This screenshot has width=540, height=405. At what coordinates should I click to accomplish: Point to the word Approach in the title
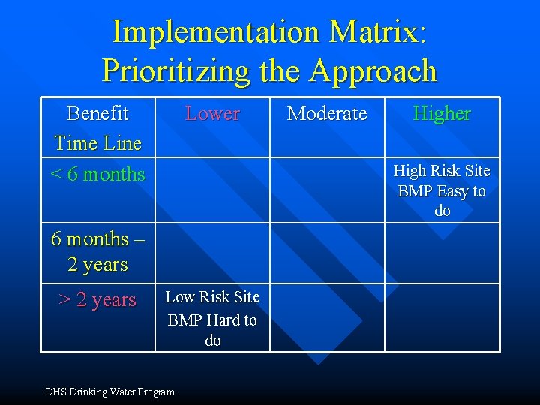coord(373,70)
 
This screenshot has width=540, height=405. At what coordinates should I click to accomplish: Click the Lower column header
coord(212,114)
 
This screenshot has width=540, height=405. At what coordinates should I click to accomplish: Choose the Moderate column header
coord(327,114)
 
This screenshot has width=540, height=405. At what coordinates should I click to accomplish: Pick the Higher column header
coord(442,114)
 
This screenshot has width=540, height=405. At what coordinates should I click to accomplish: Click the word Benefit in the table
coord(97,113)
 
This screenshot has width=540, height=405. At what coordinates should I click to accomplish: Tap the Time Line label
coord(97,142)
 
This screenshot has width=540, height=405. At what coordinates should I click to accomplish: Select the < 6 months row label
coord(97,174)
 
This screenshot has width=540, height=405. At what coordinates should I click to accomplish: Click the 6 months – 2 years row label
coord(97,251)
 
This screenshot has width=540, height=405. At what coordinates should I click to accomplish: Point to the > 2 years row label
coord(97,300)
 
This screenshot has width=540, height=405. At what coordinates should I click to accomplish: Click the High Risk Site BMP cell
coord(442,190)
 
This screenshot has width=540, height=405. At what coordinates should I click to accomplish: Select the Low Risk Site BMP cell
coord(212,318)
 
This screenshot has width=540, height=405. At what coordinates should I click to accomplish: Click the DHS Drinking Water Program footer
coord(109,391)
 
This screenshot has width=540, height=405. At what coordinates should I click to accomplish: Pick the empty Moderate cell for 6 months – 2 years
coord(327,253)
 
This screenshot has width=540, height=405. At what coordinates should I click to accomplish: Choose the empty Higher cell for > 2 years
coord(442,317)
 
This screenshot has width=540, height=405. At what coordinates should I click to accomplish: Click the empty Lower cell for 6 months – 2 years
coord(212,253)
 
